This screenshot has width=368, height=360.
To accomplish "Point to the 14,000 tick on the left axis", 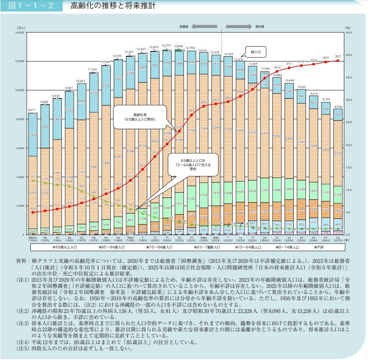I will [x=20, y=33].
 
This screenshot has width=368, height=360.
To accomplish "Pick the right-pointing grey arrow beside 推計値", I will [x=239, y=26].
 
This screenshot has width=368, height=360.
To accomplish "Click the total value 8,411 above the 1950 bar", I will [x=32, y=110].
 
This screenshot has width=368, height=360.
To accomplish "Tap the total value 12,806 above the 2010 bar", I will [x=178, y=46].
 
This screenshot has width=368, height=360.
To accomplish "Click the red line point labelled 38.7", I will [x=338, y=60].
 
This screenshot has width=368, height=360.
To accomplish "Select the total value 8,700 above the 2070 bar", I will [x=338, y=107].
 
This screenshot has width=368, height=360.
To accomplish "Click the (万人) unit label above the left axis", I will [x=21, y=27].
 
